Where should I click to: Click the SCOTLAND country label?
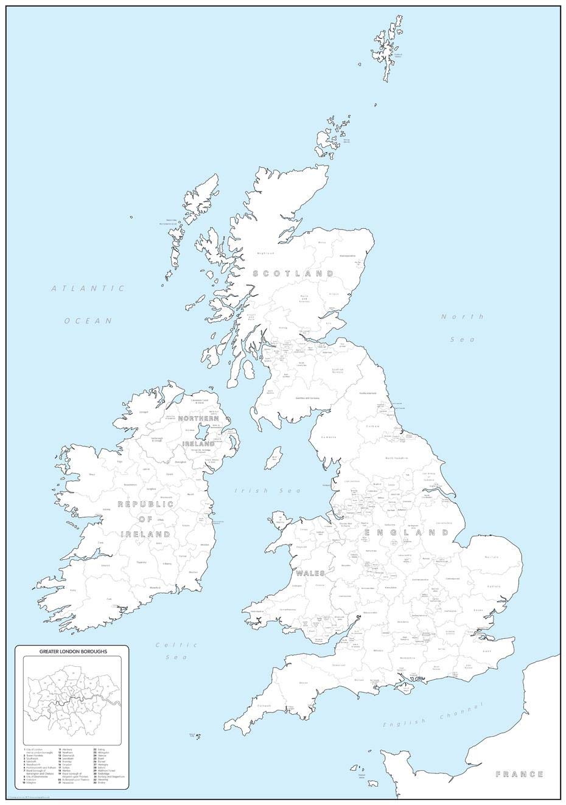pyautogui.click(x=293, y=274)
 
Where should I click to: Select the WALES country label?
pyautogui.click(x=310, y=573)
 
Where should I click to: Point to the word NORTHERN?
pyautogui.click(x=198, y=419)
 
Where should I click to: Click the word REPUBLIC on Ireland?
pyautogui.click(x=145, y=504)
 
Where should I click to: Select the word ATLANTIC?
pyautogui.click(x=88, y=288)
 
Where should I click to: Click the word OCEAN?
pyautogui.click(x=89, y=320)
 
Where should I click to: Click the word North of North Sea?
pyautogui.click(x=463, y=316)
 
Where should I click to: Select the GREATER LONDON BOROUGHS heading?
pyautogui.click(x=74, y=652)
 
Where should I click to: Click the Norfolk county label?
pyautogui.click(x=492, y=557)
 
